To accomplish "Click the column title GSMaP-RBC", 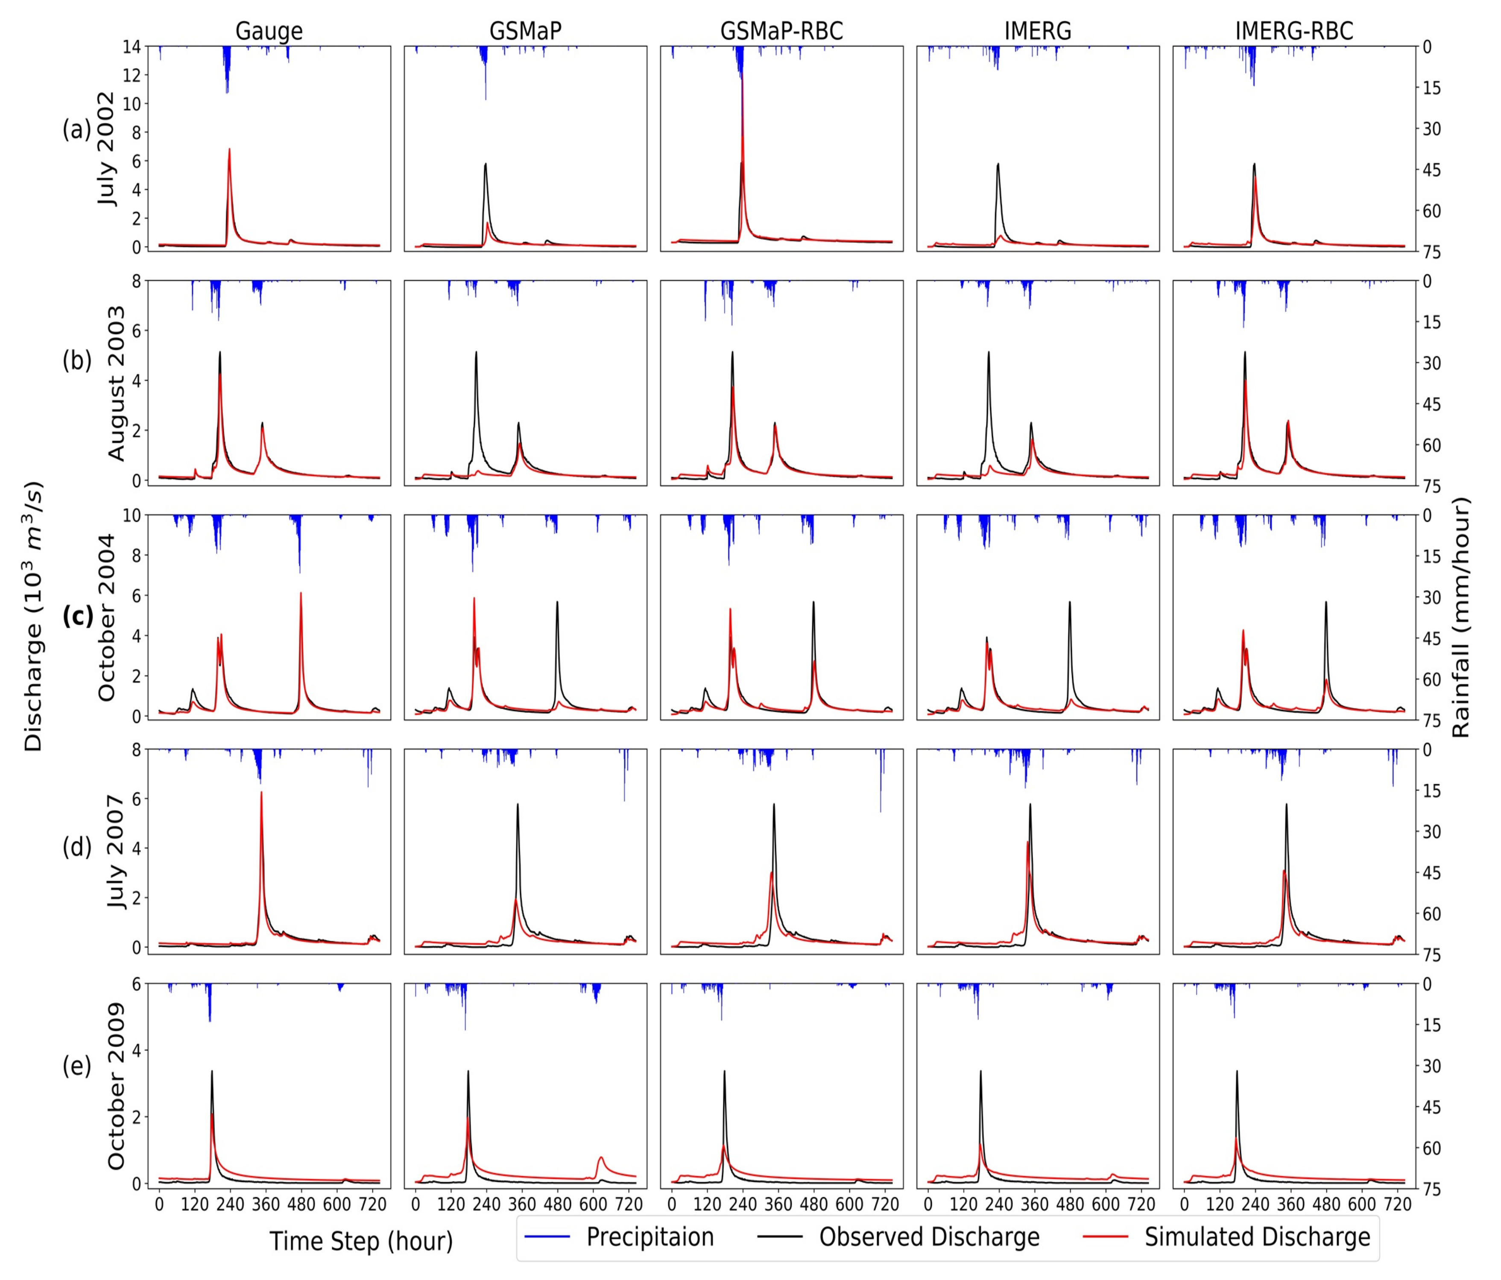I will [781, 31].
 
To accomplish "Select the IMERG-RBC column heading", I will [1294, 31].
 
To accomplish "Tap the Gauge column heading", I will [269, 31].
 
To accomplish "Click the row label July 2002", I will [106, 148].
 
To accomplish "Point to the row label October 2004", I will [106, 617].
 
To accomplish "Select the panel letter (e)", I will [77, 1066].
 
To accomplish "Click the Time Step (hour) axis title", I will [361, 1241].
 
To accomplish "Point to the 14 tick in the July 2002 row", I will [132, 47].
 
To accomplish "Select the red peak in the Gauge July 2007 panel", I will [261, 793].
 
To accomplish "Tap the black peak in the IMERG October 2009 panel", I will [981, 1071].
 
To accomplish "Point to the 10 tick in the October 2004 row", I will [132, 515].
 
